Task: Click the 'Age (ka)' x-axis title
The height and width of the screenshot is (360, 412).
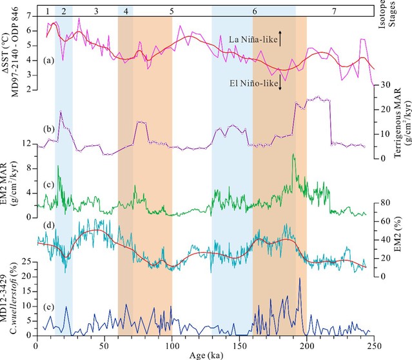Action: click(206, 354)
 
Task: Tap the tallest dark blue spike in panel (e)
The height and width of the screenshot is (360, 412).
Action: click(299, 279)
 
